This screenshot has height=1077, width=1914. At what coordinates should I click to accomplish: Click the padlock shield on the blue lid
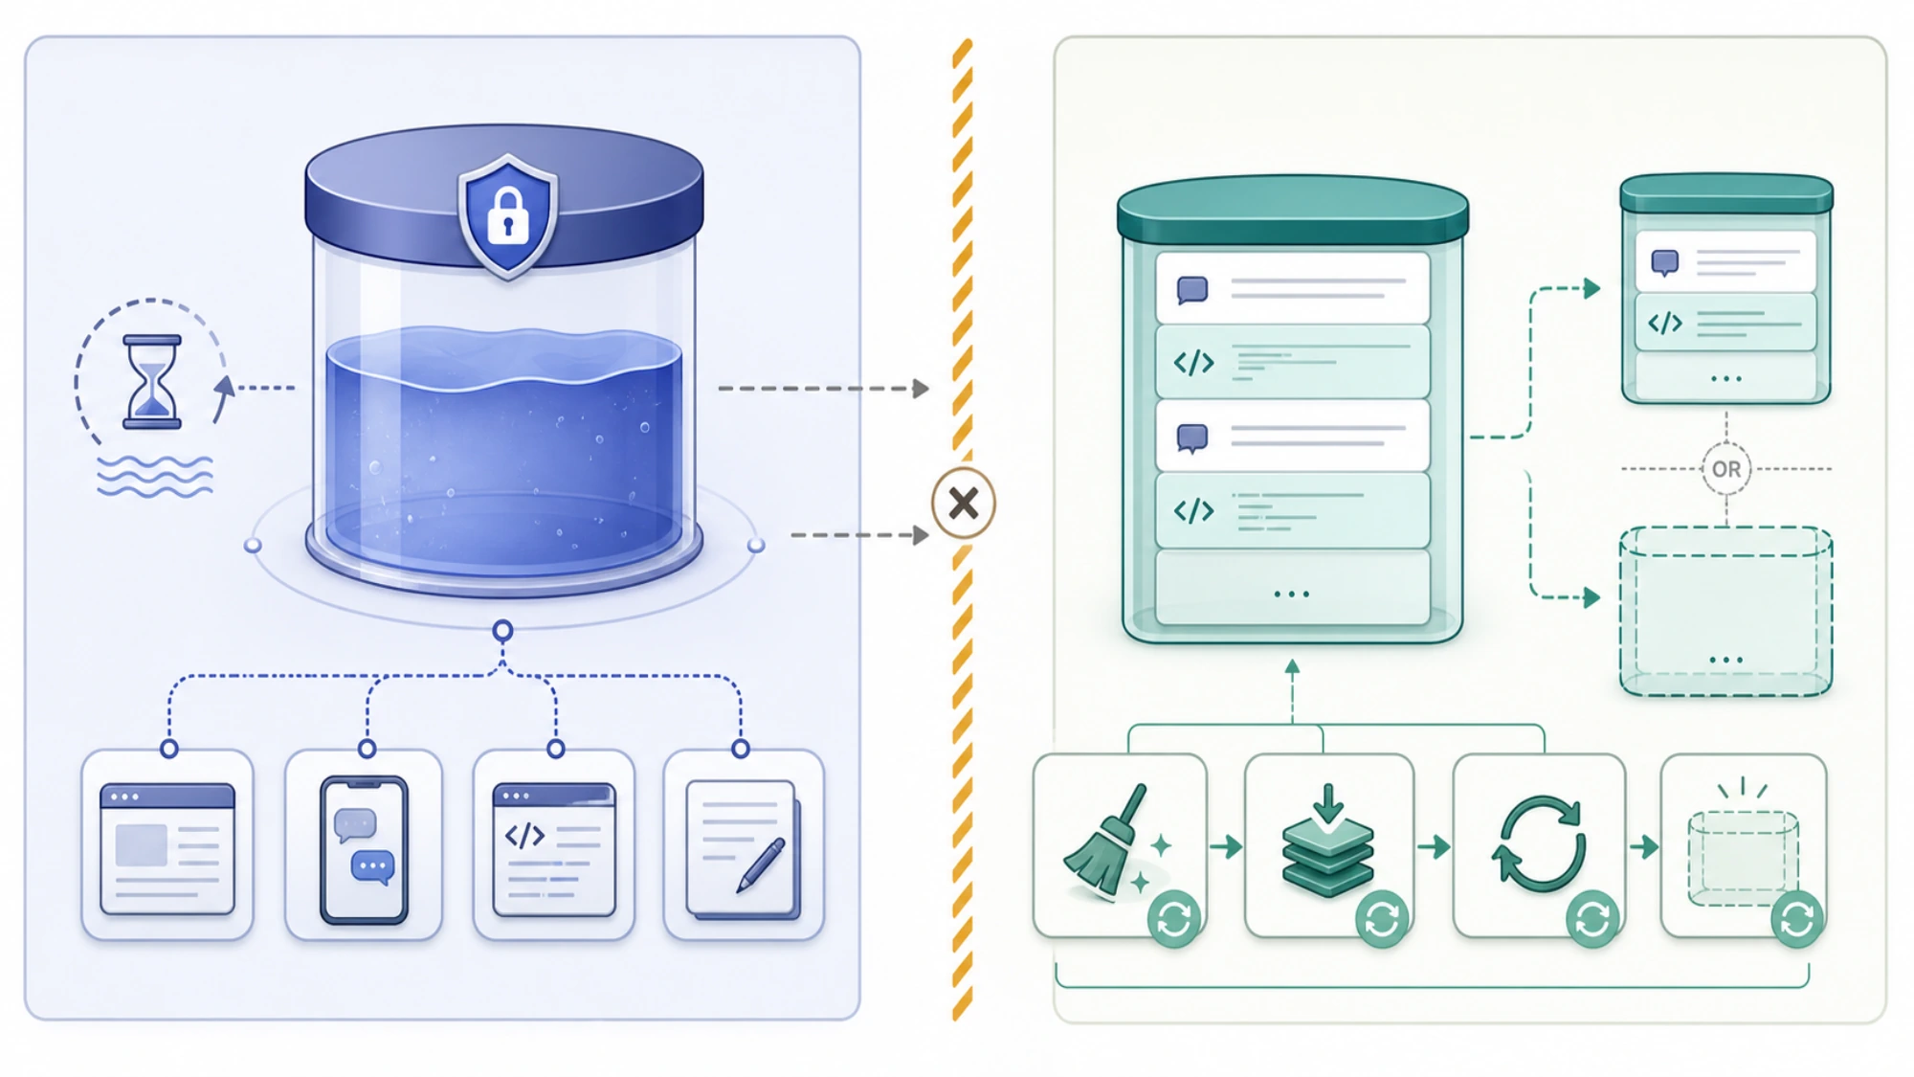point(508,216)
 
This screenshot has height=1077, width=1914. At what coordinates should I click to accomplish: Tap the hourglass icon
point(151,381)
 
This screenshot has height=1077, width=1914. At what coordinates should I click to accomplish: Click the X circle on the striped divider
point(964,503)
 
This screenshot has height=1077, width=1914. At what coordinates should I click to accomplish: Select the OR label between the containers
point(1726,469)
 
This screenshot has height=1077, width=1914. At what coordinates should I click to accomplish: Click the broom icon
point(1110,842)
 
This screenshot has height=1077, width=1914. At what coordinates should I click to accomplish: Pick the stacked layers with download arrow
point(1328,842)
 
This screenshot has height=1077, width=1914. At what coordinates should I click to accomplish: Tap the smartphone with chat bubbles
point(364,849)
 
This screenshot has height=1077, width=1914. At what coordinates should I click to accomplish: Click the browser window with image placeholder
point(167,849)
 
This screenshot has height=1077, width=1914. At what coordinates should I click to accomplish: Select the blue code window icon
point(554,849)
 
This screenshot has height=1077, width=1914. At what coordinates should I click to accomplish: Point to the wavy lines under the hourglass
point(155,476)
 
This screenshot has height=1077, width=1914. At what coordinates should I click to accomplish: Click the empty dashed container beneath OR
point(1725,611)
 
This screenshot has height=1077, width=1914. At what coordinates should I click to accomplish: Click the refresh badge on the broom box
point(1174,919)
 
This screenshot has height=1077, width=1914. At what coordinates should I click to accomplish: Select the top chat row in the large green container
point(1292,288)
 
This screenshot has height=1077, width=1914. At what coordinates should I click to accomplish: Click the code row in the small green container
point(1725,323)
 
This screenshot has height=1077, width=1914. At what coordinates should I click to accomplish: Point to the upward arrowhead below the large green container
point(1292,666)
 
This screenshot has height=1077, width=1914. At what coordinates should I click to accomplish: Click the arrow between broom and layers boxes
point(1226,846)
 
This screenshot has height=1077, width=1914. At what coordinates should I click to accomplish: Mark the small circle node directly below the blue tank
point(502,631)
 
